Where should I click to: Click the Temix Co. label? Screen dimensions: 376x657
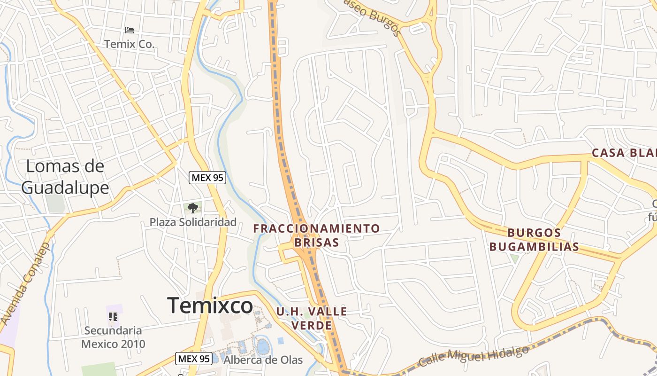pos(129,44)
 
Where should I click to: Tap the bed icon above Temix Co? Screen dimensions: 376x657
pos(130,30)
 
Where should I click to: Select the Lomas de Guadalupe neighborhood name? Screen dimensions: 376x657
pos(65,177)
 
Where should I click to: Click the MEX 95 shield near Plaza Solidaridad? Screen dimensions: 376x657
pos(207,178)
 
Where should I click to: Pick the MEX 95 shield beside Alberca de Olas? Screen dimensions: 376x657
pos(193,359)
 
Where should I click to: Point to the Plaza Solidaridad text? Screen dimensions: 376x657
pos(193,222)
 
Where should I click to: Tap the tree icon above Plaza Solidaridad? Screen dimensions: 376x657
pos(192,208)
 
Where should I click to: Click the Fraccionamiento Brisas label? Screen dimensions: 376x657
pos(316,235)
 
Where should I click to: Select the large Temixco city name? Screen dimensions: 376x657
pos(210,305)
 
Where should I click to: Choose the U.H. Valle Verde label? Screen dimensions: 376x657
pos(312,318)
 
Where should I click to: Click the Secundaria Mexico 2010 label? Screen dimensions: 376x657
pos(113,337)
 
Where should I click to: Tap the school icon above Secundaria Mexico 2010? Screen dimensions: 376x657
pos(113,317)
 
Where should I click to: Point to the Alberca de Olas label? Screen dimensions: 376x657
pos(263,360)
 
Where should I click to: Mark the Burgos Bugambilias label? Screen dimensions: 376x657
pos(534,240)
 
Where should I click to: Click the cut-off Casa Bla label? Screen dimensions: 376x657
pos(624,153)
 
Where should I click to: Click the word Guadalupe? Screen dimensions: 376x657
pos(65,188)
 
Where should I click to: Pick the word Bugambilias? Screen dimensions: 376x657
pos(534,247)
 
